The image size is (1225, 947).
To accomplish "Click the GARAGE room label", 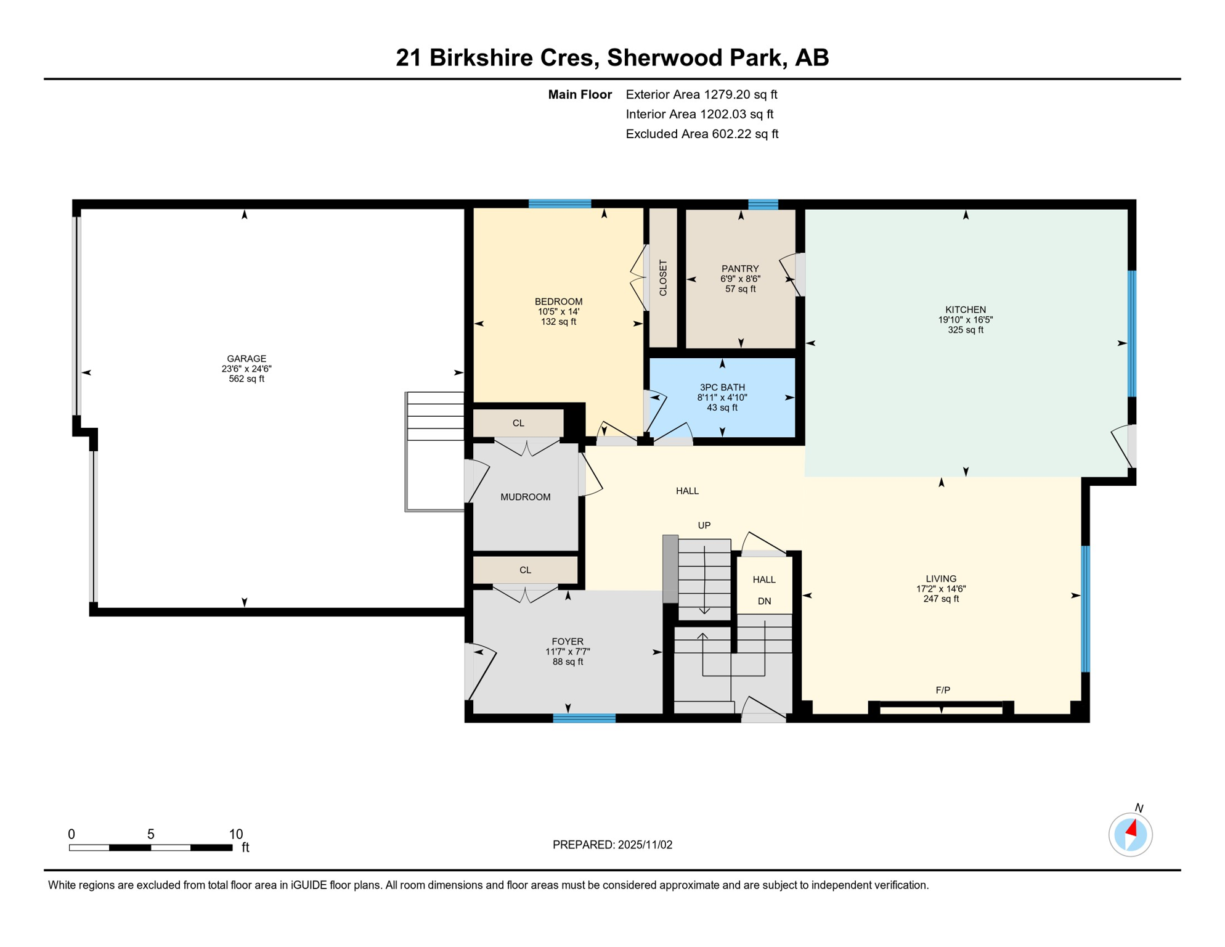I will pos(246,359).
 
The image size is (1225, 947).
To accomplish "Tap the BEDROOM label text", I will pos(558,301).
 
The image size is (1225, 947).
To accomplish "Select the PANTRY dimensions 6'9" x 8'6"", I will pos(740,279).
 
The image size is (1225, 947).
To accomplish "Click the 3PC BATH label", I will pos(722,387).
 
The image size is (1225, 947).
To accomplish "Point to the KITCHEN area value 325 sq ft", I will pos(966,330).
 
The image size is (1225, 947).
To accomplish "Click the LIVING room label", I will pos(941,578).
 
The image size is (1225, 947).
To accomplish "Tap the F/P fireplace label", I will pos(943,690).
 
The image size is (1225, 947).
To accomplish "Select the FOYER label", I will pos(568,641).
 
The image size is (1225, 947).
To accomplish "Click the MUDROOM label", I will pos(525,497).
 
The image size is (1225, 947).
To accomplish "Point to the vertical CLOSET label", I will pos(663,277).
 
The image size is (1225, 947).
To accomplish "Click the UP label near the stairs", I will pos(704,525).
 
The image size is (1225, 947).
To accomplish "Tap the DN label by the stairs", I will pos(764,601).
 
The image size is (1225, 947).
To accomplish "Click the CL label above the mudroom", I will pos(518,423).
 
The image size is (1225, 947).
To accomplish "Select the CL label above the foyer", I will pos(525,570).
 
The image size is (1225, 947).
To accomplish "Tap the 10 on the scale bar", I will pos(236,834).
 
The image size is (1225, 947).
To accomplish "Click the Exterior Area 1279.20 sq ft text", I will pos(701,94).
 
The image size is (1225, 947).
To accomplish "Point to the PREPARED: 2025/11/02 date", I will pos(612,845).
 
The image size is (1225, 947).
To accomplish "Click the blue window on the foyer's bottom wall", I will pos(584,718).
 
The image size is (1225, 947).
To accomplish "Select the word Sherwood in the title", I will pos(664,57).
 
